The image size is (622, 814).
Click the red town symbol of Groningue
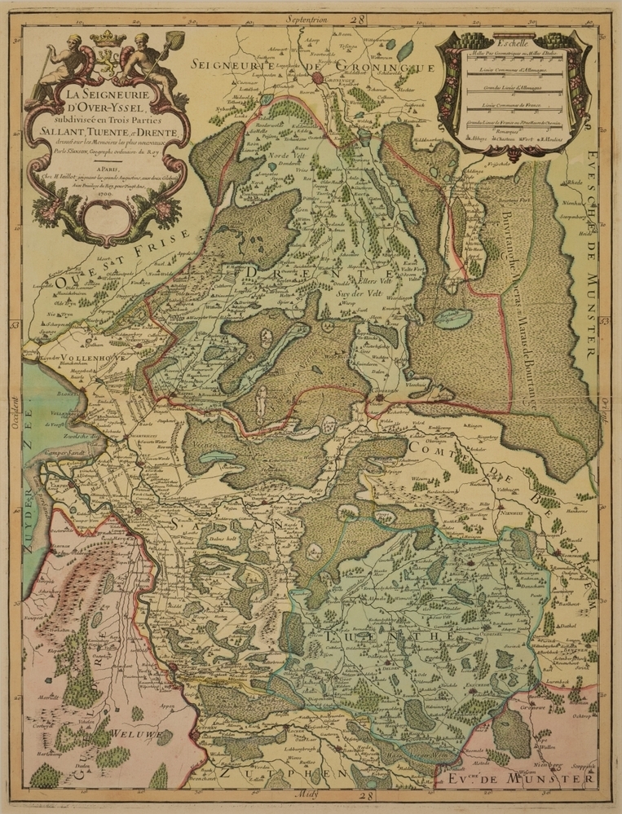pos(318,78)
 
